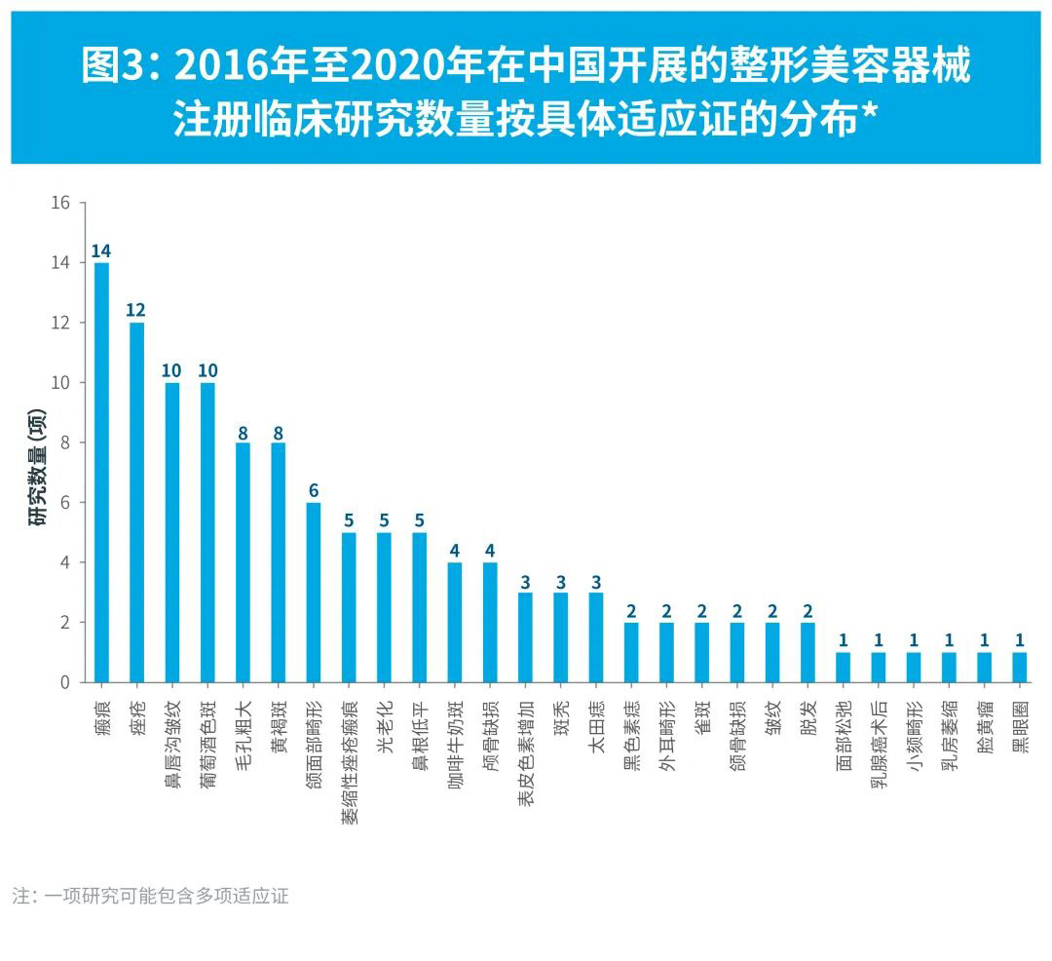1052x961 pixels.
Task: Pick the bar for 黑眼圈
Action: pos(1019,667)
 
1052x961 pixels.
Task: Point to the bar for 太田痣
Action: pos(595,637)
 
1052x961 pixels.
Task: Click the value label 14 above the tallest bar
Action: pos(101,251)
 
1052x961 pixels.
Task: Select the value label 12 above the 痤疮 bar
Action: pos(136,311)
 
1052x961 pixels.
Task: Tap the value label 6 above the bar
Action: pos(313,490)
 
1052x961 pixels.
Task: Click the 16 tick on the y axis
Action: pos(61,203)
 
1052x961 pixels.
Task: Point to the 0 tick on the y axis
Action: pos(65,682)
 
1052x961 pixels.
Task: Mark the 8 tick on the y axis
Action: pos(65,442)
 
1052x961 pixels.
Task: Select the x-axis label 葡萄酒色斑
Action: pos(207,742)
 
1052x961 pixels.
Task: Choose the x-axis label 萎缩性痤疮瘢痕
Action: pos(349,761)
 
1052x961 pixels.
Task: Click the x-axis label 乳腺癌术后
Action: pos(879,742)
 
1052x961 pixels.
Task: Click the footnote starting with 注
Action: pos(150,896)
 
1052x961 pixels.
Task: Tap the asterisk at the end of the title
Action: pos(870,117)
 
